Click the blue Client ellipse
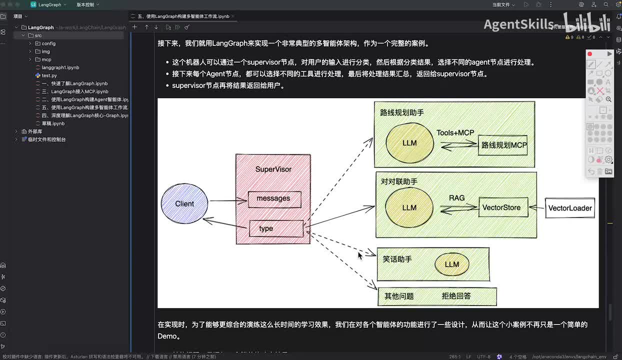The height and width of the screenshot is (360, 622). click(x=184, y=203)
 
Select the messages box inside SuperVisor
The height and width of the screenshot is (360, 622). click(x=274, y=199)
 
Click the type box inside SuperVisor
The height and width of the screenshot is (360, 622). click(x=276, y=228)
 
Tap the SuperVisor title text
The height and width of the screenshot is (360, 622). click(x=273, y=169)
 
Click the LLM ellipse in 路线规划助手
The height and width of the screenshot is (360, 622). click(x=409, y=143)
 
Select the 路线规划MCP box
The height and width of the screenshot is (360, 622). click(x=503, y=145)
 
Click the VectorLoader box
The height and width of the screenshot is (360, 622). click(x=570, y=208)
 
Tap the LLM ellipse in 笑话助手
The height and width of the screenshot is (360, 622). click(x=451, y=264)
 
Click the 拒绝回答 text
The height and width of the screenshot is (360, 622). click(x=456, y=296)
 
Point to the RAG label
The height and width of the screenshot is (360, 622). click(x=456, y=198)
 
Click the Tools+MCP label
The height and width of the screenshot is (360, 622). click(x=455, y=132)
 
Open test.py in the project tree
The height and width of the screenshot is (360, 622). click(x=49, y=75)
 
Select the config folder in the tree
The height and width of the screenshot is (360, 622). click(x=48, y=43)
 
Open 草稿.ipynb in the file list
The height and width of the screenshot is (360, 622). click(x=53, y=123)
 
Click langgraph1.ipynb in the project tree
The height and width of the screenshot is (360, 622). click(x=60, y=67)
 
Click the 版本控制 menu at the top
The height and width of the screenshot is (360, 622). click(x=87, y=4)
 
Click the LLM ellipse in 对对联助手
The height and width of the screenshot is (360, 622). click(x=409, y=207)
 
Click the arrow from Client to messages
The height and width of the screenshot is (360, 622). click(x=227, y=201)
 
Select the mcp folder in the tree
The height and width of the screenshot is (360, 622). click(x=46, y=59)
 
